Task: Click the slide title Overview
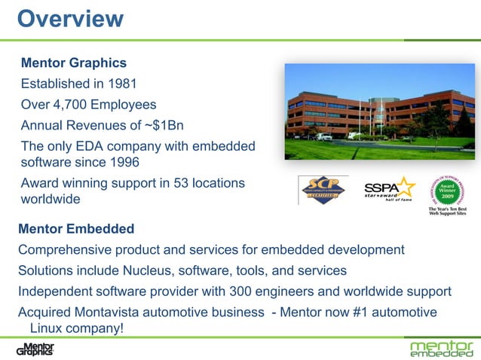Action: pyautogui.click(x=70, y=18)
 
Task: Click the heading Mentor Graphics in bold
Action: pyautogui.click(x=73, y=63)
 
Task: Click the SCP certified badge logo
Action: pyautogui.click(x=323, y=191)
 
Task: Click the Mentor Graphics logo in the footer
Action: pyautogui.click(x=35, y=349)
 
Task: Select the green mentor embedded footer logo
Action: pyautogui.click(x=441, y=349)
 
